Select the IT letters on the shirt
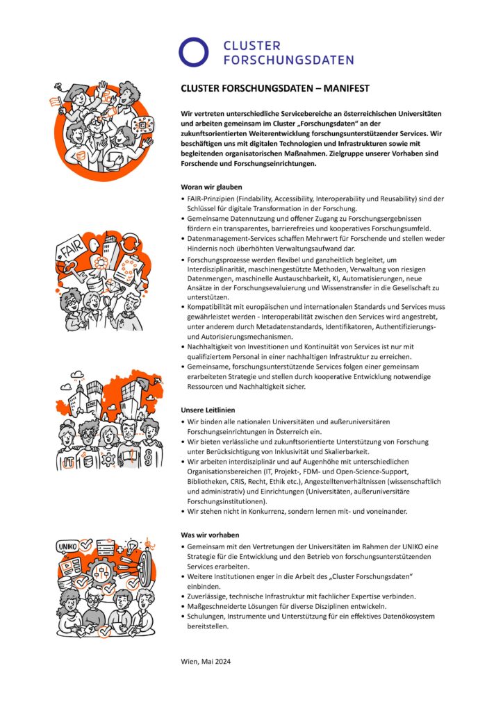click(x=69, y=460)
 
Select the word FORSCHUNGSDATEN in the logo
click(x=288, y=60)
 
